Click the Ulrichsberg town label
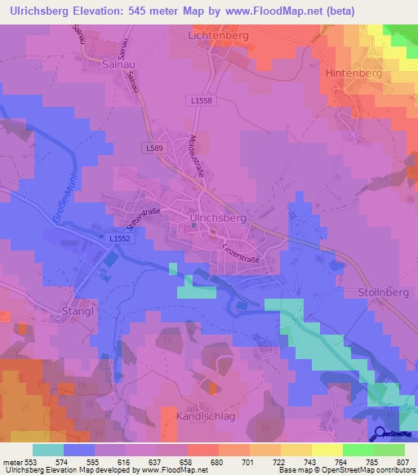click(217, 219)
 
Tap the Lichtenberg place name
click(217, 37)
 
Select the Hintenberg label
click(354, 73)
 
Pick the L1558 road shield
click(205, 100)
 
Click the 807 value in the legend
click(401, 463)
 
